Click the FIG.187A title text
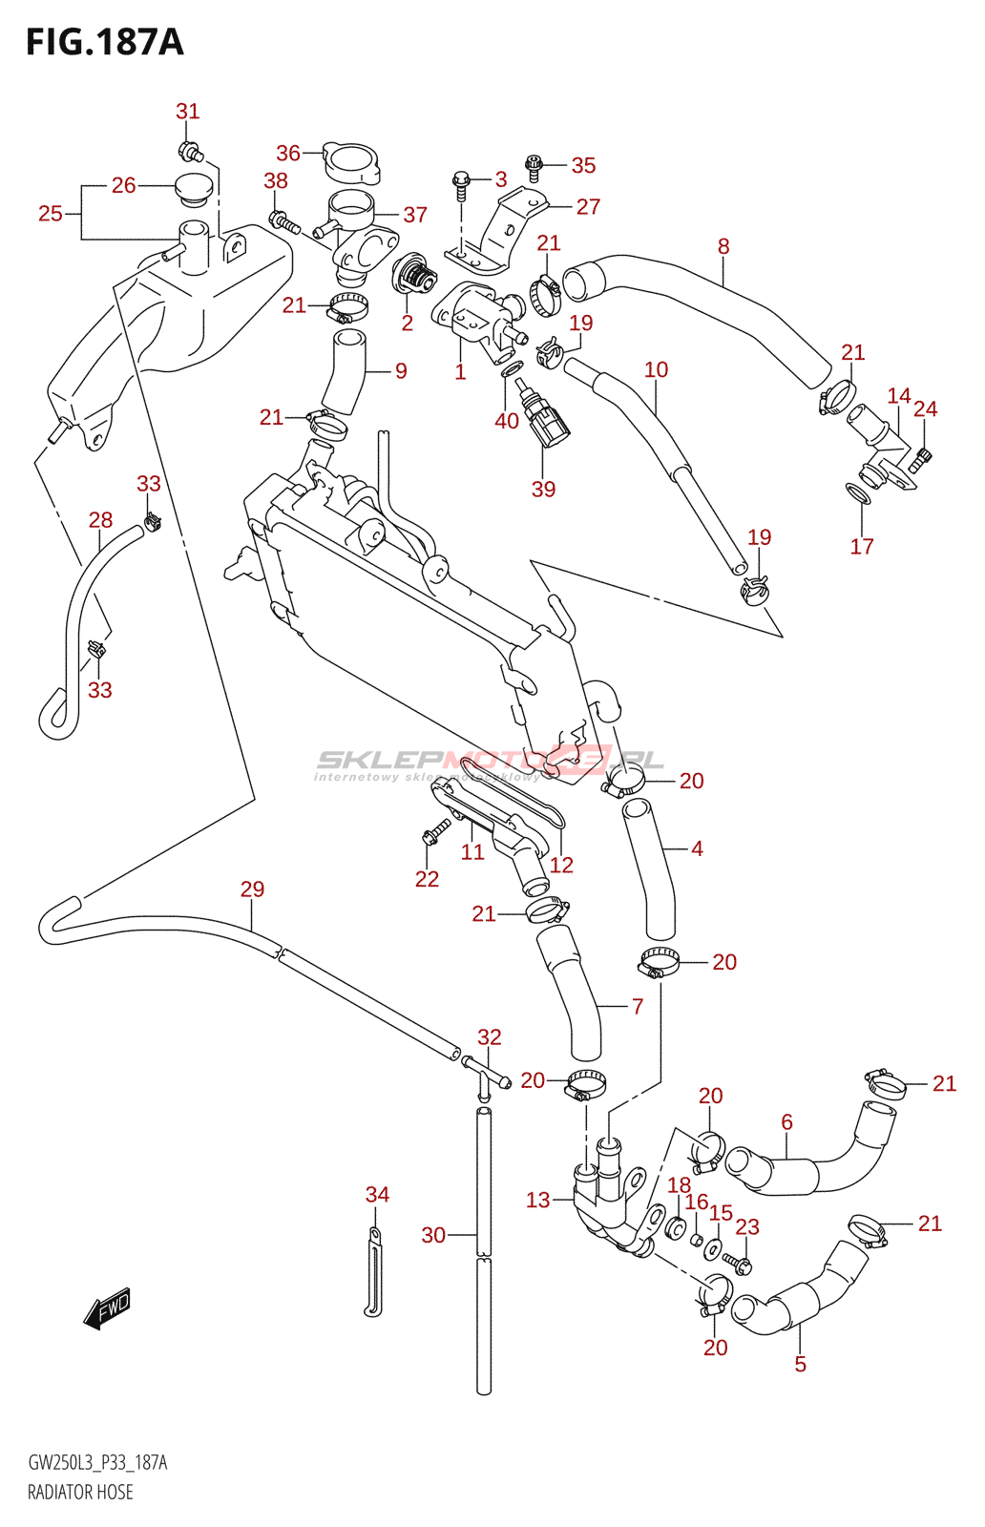pos(104,42)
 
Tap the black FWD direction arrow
pos(106,1307)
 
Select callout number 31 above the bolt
pos(188,112)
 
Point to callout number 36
pos(287,153)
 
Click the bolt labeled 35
pos(534,168)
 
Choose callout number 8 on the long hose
pos(723,246)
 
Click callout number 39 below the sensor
pos(543,489)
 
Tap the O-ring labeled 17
pos(859,494)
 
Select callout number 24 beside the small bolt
pos(925,408)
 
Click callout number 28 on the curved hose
pos(100,520)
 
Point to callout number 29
pos(252,889)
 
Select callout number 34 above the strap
pos(377,1194)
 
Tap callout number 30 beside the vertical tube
pos(433,1235)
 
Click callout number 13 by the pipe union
pos(538,1200)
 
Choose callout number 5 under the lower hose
pos(800,1364)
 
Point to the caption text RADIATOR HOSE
pos(80,1492)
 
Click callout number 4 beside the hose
pos(697,848)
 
